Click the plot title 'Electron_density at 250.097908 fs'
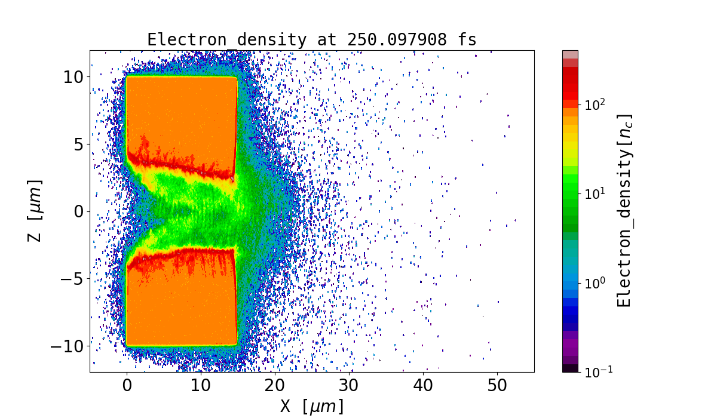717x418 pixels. [312, 40]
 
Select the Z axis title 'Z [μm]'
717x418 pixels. [35, 211]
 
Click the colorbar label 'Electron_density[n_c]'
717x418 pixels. [624, 210]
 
